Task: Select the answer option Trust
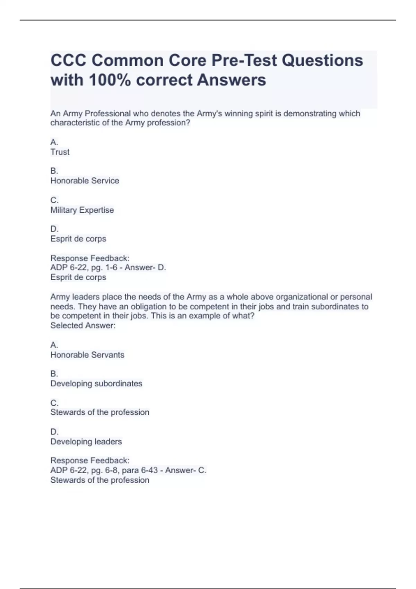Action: (60, 152)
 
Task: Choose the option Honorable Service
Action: (85, 181)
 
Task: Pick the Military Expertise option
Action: (82, 210)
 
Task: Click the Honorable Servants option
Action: (87, 355)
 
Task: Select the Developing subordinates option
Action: (96, 384)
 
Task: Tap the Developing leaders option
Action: (86, 442)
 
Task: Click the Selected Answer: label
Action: (83, 325)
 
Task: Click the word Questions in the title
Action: (322, 61)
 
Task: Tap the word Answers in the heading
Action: (232, 80)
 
